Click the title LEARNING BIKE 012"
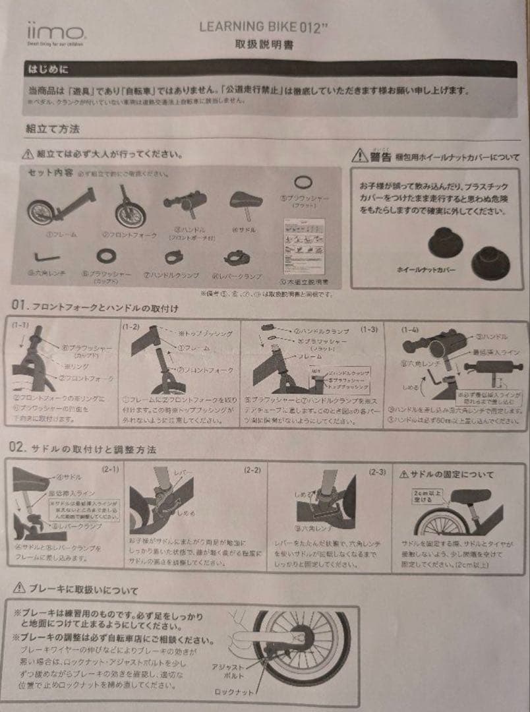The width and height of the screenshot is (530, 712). [264, 27]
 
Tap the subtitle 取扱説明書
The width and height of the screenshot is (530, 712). [264, 45]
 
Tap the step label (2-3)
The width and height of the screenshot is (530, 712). [377, 471]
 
